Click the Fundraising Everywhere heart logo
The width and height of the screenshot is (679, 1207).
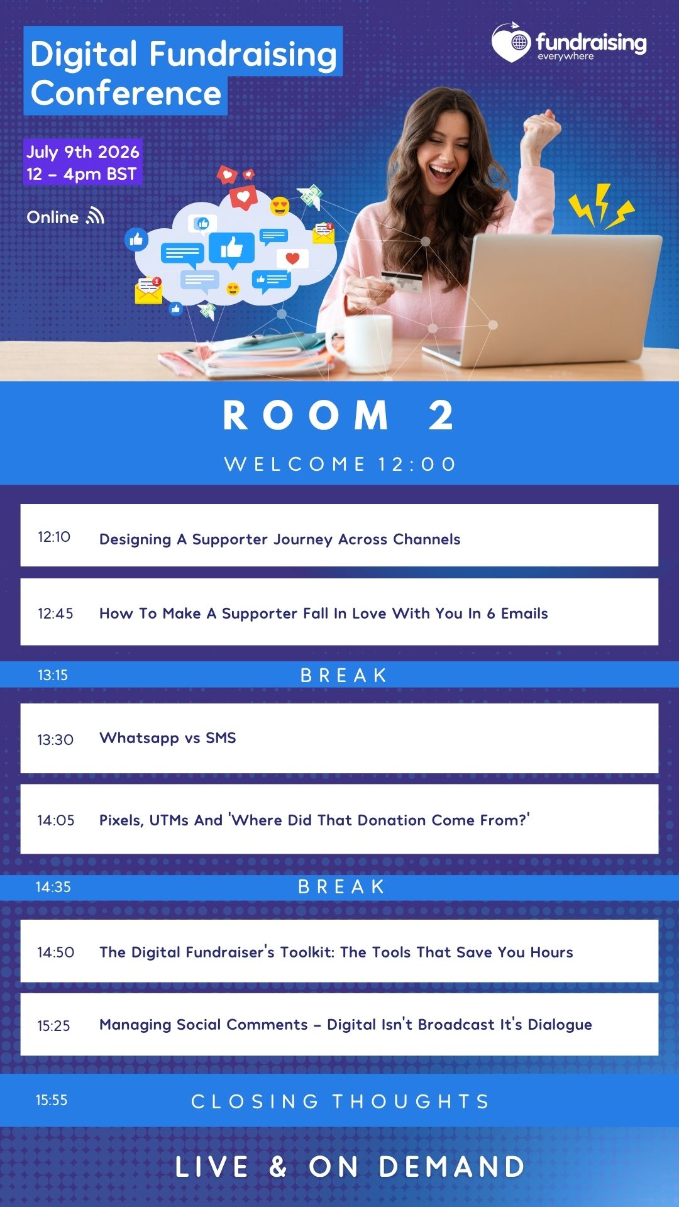(x=512, y=43)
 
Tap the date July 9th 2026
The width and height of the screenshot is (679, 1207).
(x=83, y=152)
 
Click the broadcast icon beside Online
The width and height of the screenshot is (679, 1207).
(x=96, y=216)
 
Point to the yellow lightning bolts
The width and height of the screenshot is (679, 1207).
(x=601, y=205)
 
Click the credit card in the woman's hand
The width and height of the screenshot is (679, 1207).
(x=403, y=282)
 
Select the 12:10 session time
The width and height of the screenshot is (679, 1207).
(x=54, y=537)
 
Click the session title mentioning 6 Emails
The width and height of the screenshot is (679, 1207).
(x=324, y=614)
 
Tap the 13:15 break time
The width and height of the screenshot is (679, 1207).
(x=53, y=675)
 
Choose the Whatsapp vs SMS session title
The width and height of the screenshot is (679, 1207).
(x=168, y=738)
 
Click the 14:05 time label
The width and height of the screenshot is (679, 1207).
(x=56, y=820)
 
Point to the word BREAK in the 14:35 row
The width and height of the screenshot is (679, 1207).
(x=341, y=887)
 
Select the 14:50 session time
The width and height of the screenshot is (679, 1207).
(x=56, y=952)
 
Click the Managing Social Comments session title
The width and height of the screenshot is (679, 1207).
(x=346, y=1025)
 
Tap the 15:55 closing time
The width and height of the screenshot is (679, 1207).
(x=52, y=1100)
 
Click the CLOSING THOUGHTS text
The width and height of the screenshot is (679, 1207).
(x=340, y=1101)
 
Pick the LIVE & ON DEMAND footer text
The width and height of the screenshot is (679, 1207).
(x=350, y=1167)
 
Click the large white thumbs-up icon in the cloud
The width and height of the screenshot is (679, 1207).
(x=231, y=248)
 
